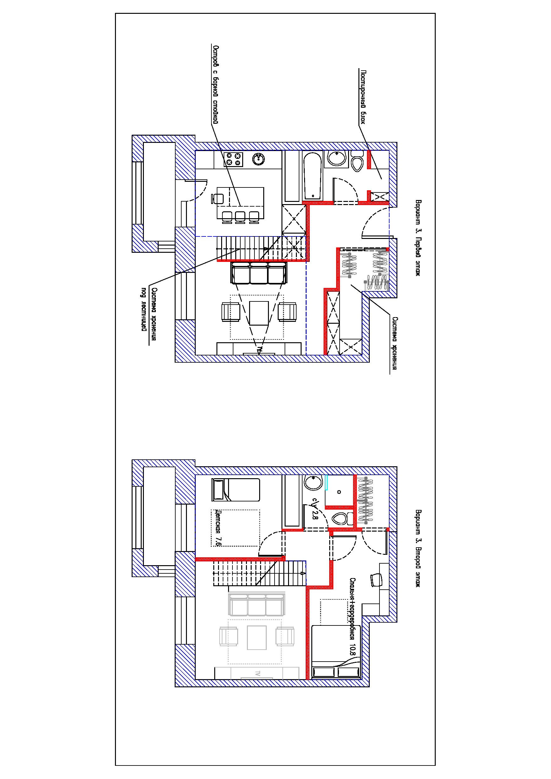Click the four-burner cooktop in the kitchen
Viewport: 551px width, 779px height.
click(233, 159)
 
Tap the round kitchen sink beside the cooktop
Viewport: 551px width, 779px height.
click(259, 159)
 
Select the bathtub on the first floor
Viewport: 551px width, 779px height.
click(312, 176)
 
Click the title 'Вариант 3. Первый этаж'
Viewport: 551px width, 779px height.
click(418, 237)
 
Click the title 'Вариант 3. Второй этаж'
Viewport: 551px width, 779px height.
click(418, 548)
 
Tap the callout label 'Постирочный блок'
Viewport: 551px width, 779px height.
click(363, 97)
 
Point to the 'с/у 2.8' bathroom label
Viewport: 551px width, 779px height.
click(314, 509)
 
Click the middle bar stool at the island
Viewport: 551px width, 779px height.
click(240, 217)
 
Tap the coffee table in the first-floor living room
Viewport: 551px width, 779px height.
click(259, 312)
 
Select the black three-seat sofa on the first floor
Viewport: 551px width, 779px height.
click(259, 273)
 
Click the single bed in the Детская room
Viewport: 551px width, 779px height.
click(236, 490)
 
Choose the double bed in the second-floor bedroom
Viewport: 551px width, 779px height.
click(336, 652)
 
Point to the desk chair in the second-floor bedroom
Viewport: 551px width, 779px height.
click(376, 580)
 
